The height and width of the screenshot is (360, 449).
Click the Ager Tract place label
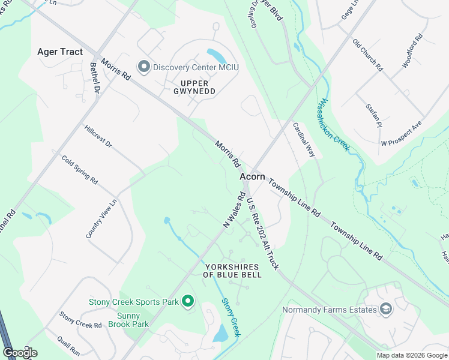tap(60, 52)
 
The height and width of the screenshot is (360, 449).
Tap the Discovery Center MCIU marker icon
tap(144, 67)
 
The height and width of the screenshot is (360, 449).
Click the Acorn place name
tap(252, 176)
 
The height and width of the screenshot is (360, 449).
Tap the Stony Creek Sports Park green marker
tap(188, 301)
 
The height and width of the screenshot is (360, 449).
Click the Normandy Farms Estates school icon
tap(387, 310)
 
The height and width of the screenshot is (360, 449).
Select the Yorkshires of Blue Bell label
tap(232, 271)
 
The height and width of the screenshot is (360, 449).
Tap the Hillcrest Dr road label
tap(98, 136)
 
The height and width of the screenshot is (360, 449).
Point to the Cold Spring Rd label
tap(80, 169)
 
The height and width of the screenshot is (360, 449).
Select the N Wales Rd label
tap(234, 209)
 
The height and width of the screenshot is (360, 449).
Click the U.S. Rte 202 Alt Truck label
tap(262, 235)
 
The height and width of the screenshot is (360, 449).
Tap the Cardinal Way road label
tap(304, 140)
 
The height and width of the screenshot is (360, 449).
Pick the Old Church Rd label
tap(367, 56)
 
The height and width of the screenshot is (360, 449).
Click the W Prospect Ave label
tap(402, 134)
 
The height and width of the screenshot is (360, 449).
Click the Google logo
tap(20, 352)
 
